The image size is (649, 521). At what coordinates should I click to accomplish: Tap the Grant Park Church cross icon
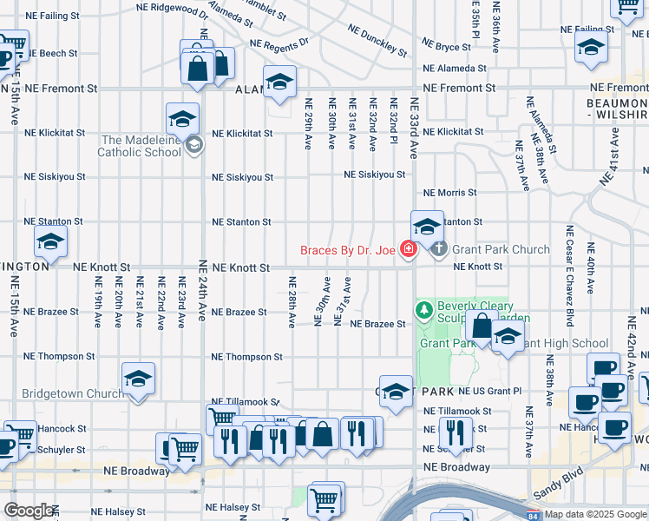[439, 250]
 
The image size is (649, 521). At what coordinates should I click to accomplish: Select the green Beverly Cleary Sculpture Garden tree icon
[424, 309]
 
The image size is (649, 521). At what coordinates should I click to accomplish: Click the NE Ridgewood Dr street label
[174, 10]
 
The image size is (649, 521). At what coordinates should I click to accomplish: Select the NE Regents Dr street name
[279, 43]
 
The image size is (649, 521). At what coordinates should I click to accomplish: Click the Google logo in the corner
[29, 511]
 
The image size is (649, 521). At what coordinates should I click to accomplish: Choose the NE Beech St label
[51, 53]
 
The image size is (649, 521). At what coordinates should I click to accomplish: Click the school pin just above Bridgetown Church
[138, 379]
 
